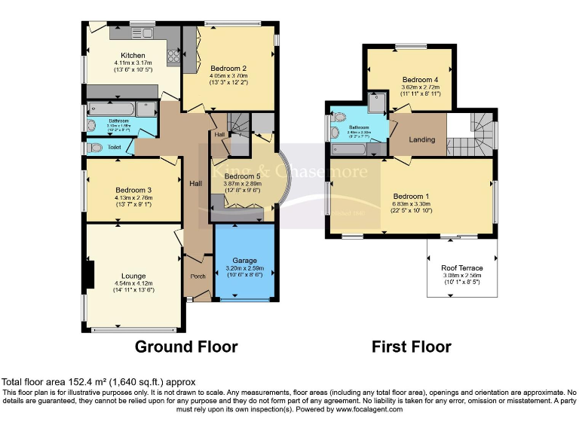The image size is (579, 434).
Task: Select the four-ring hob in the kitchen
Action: (173, 55)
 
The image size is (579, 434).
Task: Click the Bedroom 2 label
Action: (228, 68)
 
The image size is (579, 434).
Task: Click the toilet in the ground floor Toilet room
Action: (94, 147)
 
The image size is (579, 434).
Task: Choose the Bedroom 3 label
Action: (133, 190)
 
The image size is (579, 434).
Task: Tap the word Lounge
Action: (133, 276)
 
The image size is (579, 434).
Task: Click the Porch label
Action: (198, 276)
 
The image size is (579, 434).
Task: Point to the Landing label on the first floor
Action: (421, 140)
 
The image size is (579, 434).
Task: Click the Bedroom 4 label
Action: (420, 80)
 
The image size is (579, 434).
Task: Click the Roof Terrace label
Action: (461, 267)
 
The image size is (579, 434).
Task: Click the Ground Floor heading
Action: (186, 347)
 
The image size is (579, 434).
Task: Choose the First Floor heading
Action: (411, 347)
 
